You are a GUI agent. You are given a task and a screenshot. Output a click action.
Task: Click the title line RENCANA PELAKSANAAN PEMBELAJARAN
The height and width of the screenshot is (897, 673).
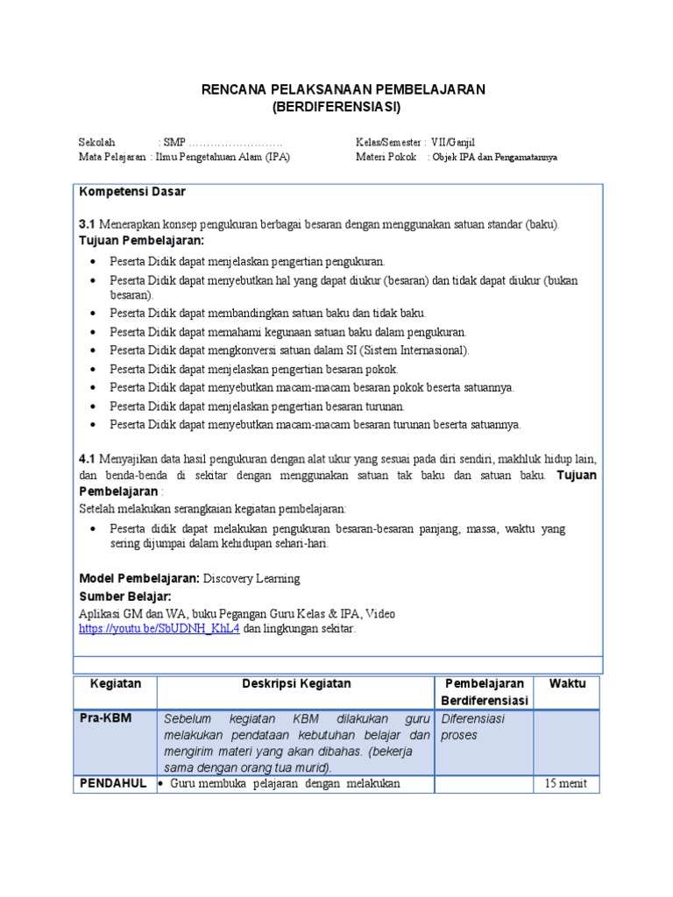pos(343,90)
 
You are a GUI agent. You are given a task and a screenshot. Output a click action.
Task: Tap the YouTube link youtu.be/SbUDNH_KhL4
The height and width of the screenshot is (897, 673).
pos(159,629)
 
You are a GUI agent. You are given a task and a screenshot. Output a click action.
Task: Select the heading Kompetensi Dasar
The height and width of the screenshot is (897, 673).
pos(132,192)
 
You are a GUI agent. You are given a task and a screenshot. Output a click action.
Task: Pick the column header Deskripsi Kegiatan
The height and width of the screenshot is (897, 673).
pos(296,683)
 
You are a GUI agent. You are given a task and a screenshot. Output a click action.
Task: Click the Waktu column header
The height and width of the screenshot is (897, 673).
pos(567,683)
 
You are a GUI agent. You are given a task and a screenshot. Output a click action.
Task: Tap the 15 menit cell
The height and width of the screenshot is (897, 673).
pos(565,783)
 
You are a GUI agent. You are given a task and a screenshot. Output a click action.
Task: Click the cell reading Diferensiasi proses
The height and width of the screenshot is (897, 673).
pos(473,726)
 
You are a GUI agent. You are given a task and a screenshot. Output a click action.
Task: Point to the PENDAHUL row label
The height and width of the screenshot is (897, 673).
pos(113,783)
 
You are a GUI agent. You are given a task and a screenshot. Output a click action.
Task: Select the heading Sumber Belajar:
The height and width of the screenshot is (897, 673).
pos(125,597)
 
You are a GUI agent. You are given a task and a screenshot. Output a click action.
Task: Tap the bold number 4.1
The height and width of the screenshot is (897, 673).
pos(88,458)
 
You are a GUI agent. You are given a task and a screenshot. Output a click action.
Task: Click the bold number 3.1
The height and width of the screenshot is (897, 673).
pos(88,224)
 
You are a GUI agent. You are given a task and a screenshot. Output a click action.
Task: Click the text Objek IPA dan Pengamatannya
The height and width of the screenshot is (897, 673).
pos(494,158)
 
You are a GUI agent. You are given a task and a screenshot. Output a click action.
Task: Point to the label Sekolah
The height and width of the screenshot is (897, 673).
pos(97,142)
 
